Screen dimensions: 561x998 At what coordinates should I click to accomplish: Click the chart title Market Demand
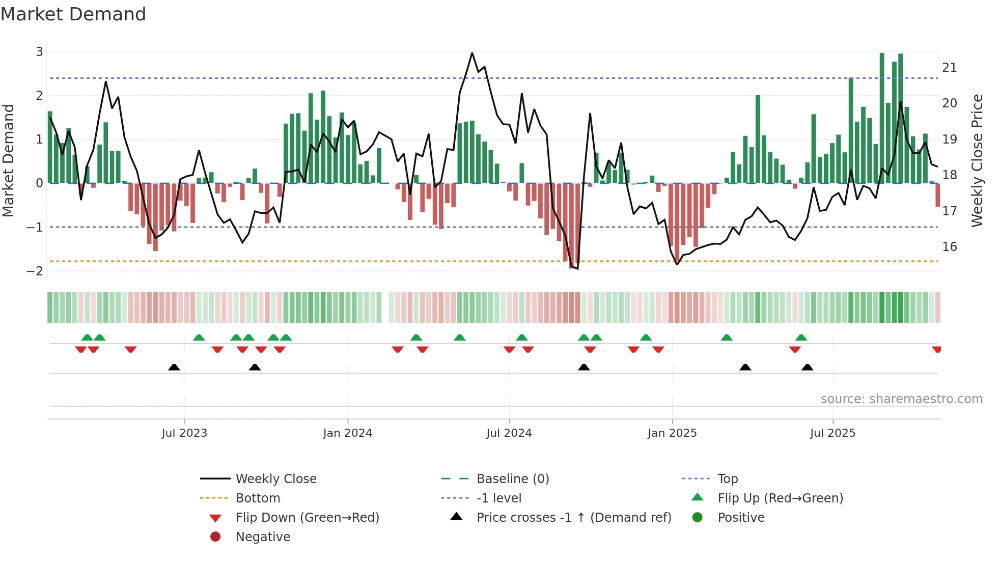coord(73,14)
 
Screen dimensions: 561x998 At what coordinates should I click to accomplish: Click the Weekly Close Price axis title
coord(977,160)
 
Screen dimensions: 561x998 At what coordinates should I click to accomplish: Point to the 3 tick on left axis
coord(39,51)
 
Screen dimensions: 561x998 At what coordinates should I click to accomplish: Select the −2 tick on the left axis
coord(35,271)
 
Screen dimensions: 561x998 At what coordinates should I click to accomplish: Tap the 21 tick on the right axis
coord(949,67)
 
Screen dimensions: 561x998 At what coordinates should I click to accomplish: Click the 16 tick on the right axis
coord(949,246)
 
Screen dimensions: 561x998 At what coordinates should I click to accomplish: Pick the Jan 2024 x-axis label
coord(347,433)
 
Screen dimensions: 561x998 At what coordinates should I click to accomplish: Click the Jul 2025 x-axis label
coord(833,433)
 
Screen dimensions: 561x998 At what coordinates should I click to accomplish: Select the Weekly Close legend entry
coord(275,479)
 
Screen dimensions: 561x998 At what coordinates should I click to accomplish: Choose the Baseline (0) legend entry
coord(512,479)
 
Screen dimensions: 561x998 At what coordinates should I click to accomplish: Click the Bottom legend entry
coord(258,498)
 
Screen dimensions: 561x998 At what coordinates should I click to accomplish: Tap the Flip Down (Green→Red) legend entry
coord(307,517)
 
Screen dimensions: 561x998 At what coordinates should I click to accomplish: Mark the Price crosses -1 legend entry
coord(573,517)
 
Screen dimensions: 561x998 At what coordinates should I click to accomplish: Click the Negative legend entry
coord(263,537)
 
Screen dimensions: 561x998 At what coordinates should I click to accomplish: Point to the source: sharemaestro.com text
coord(901,399)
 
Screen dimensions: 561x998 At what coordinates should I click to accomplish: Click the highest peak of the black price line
coord(472,53)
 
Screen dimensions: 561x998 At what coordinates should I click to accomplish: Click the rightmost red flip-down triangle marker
coord(936,349)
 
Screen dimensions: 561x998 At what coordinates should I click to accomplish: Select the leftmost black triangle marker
coord(174,367)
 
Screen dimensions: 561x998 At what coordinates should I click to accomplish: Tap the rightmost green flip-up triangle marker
coord(801,338)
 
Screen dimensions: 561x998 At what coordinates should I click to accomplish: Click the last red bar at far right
coord(937,195)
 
